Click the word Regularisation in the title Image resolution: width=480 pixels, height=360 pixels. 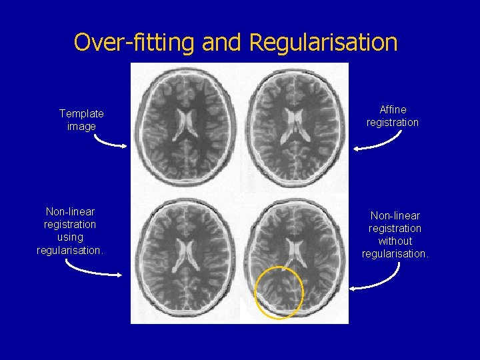point(323,43)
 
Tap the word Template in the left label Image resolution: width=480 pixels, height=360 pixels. point(81,114)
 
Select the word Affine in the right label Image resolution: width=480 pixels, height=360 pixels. point(393,109)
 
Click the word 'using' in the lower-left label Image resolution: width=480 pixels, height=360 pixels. point(70,237)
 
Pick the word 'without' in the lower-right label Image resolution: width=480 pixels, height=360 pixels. point(395,241)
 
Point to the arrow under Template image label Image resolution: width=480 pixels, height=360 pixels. point(109,142)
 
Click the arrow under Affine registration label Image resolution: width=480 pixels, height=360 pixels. point(379,141)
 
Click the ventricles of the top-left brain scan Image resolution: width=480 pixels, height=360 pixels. point(185,124)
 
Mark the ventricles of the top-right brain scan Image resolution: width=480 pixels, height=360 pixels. point(293,124)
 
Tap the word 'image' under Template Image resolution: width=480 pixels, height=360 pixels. point(81,127)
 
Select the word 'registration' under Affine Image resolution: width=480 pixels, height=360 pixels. point(393,122)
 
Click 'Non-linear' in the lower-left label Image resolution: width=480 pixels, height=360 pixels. point(70,212)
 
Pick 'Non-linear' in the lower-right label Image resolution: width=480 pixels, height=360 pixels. point(395,215)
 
